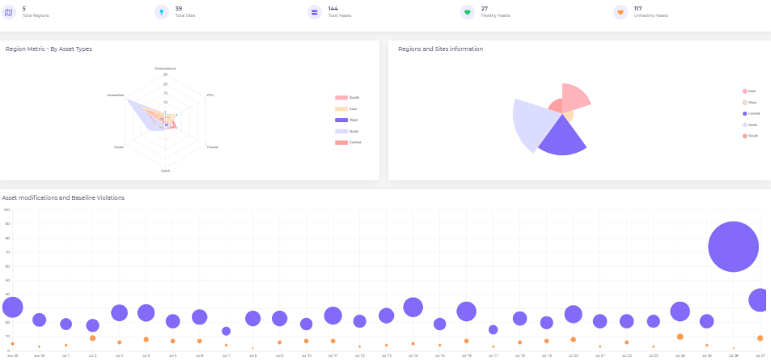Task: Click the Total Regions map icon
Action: pyautogui.click(x=9, y=12)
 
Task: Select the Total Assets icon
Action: pyautogui.click(x=314, y=12)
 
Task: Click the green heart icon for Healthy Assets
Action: pyautogui.click(x=467, y=12)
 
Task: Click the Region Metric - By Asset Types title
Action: pyautogui.click(x=49, y=49)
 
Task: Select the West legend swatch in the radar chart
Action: pyautogui.click(x=341, y=120)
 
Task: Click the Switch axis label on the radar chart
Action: pyautogui.click(x=165, y=171)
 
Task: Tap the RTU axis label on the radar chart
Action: pyautogui.click(x=210, y=95)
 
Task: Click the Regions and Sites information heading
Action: pyautogui.click(x=440, y=49)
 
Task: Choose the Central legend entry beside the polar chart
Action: pyautogui.click(x=752, y=113)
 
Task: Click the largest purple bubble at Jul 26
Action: pyautogui.click(x=733, y=247)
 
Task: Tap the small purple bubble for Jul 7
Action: pyautogui.click(x=226, y=331)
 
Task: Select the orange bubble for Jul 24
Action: pyautogui.click(x=680, y=337)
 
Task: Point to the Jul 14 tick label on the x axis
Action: pyautogui.click(x=413, y=355)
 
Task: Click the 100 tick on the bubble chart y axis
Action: pyautogui.click(x=6, y=210)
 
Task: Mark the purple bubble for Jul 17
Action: pyautogui.click(x=493, y=329)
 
